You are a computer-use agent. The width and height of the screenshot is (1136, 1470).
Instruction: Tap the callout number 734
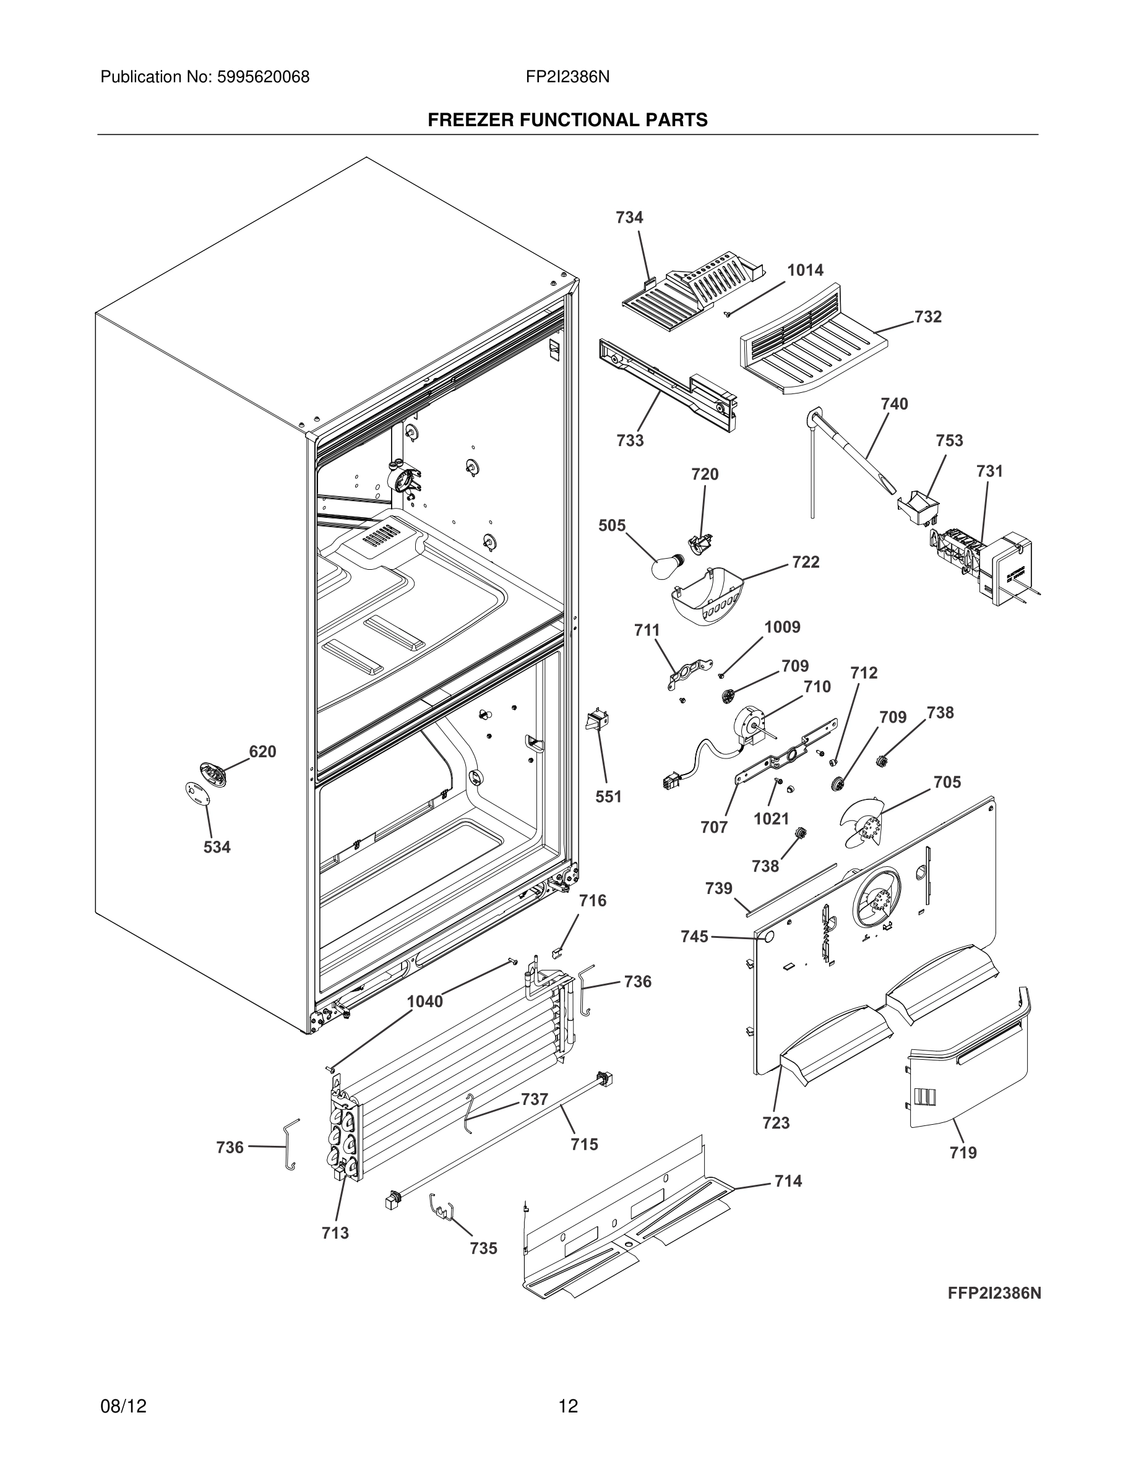click(629, 217)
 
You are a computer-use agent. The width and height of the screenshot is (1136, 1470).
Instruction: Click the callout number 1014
click(805, 270)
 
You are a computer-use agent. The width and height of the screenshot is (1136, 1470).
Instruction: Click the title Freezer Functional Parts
click(567, 120)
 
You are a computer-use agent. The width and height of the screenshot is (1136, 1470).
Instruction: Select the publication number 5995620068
click(263, 77)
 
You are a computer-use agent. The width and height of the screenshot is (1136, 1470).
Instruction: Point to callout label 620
click(262, 752)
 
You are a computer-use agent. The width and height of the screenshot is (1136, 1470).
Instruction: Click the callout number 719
click(963, 1153)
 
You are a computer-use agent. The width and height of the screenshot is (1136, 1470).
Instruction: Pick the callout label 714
click(788, 1181)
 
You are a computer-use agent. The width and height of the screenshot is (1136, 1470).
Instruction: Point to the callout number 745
click(694, 936)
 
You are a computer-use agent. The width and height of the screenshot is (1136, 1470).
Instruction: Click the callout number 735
click(483, 1249)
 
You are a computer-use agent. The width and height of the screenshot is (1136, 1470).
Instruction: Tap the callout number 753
click(949, 441)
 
